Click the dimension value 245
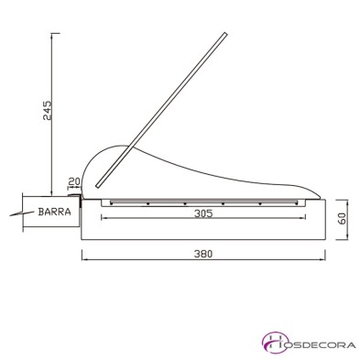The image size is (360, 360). click(x=48, y=110)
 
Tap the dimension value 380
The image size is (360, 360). click(x=203, y=254)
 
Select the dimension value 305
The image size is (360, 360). click(x=203, y=213)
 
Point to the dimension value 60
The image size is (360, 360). click(x=343, y=219)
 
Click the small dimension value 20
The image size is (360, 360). click(x=74, y=181)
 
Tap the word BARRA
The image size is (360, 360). click(x=55, y=212)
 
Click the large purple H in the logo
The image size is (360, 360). click(x=275, y=344)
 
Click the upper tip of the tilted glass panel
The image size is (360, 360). click(x=226, y=32)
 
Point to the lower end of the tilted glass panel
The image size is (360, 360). click(x=98, y=185)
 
